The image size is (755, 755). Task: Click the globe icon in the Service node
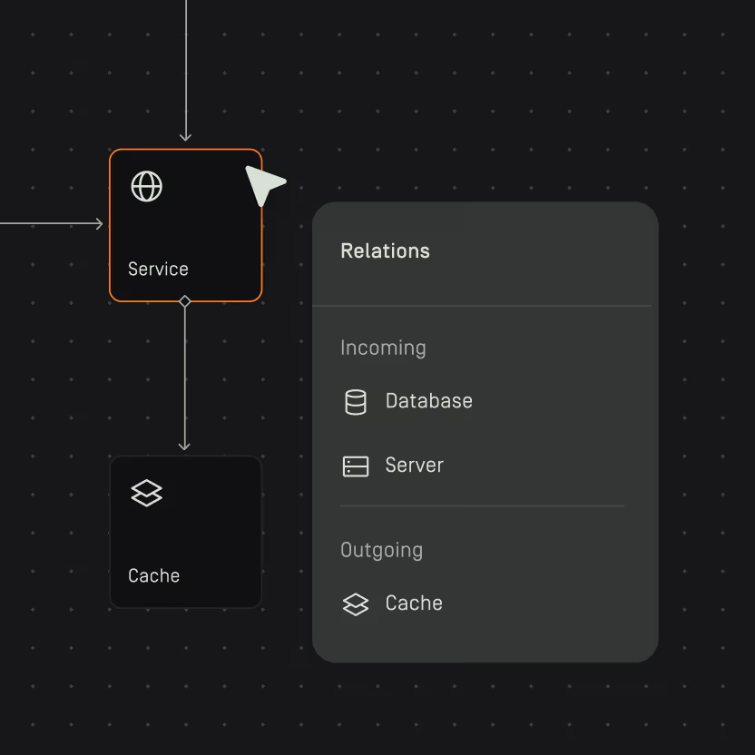(147, 186)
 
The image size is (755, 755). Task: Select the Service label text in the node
(158, 269)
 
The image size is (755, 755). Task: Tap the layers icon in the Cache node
(147, 494)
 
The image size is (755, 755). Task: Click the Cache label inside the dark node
(153, 575)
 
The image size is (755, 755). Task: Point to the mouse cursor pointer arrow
(262, 184)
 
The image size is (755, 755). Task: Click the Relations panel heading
(385, 250)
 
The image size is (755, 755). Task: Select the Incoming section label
(383, 348)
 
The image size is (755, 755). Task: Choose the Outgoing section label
(381, 550)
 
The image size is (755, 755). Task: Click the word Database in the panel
(428, 401)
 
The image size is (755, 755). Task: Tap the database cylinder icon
(356, 402)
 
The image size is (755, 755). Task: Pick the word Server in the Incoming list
(414, 466)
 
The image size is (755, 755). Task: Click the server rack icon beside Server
(356, 466)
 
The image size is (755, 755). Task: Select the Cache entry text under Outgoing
(414, 603)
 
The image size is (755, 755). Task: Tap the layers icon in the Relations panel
(356, 604)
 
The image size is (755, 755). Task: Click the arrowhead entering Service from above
(185, 137)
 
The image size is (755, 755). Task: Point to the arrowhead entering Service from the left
(99, 223)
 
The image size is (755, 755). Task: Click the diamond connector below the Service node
(185, 301)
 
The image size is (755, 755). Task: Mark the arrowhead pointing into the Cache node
(185, 445)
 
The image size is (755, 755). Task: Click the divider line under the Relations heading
(482, 306)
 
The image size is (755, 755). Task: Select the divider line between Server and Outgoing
(482, 505)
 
